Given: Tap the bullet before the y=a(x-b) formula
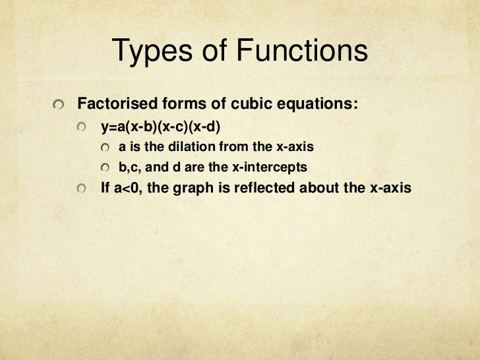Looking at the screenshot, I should pos(81,127).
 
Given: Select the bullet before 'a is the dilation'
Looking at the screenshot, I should pos(105,146).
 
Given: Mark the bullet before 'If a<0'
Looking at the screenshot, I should pos(81,189).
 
